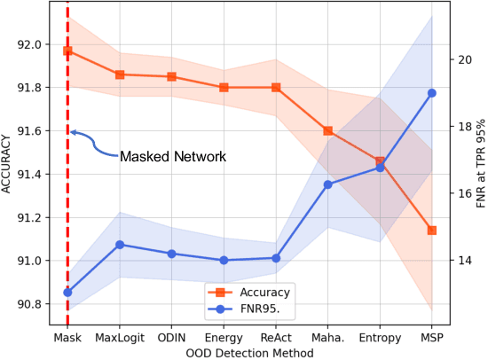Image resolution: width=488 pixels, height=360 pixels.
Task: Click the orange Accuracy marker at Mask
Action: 67,51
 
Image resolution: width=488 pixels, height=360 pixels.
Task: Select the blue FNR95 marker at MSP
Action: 432,93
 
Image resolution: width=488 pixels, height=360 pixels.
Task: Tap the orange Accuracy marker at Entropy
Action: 381,161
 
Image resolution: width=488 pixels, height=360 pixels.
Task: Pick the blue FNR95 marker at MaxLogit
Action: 120,244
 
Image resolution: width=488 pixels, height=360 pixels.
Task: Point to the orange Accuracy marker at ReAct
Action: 276,87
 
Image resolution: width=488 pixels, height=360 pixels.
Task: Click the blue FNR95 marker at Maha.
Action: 328,184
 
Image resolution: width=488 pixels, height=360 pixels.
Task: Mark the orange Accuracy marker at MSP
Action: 432,231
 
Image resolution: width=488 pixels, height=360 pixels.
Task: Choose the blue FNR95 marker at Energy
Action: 224,260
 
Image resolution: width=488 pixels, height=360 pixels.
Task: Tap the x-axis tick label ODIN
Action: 171,339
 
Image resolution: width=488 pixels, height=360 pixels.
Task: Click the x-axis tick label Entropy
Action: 381,339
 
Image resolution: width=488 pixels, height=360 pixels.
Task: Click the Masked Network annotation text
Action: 172,156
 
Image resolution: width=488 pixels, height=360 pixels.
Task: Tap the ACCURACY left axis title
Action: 8,165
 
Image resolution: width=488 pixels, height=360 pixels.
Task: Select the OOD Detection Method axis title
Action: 249,353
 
